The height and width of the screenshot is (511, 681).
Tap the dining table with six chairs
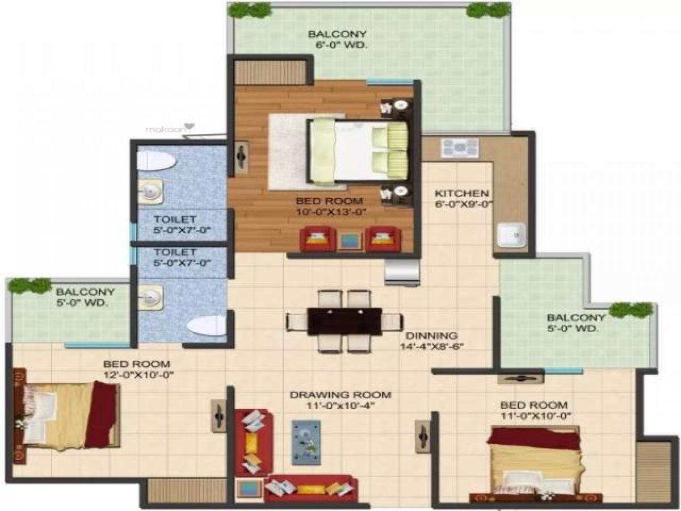click(x=344, y=321)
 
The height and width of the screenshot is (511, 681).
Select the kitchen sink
click(x=511, y=235)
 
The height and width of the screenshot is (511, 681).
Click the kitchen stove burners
click(x=460, y=148)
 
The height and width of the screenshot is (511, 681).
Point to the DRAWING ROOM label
click(x=340, y=395)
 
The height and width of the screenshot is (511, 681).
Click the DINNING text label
click(x=431, y=336)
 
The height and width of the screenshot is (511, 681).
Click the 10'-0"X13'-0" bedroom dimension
click(x=329, y=212)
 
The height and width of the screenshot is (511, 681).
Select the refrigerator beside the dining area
click(x=402, y=274)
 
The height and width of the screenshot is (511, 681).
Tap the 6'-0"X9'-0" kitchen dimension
click(x=464, y=205)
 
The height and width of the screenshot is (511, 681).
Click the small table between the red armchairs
click(x=350, y=241)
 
